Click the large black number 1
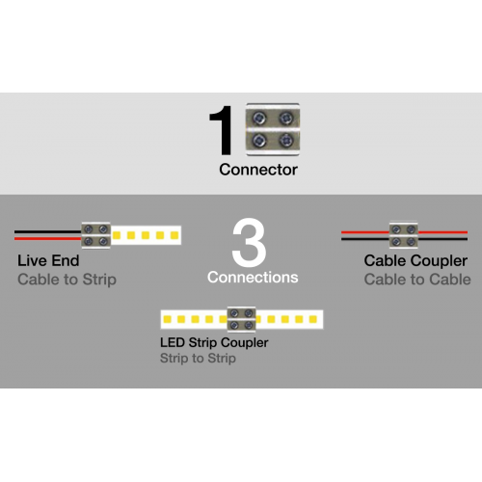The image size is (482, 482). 222,130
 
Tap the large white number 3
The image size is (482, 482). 249,243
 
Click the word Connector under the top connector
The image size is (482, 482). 258,170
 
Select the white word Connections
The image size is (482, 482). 253,278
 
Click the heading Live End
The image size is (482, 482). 48,260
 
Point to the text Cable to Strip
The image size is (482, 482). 67,280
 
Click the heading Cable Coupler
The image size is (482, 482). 415,261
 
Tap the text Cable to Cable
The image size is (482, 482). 417,280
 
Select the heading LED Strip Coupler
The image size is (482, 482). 214,343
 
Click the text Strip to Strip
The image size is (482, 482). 198,359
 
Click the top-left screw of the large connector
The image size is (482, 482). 259,119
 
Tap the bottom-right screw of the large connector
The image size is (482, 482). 285,140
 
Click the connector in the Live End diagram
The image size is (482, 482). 95,235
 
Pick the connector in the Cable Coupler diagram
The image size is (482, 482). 404,234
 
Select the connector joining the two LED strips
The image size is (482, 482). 241,319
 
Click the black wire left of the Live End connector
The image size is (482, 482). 48,231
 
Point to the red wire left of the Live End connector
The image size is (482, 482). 48,239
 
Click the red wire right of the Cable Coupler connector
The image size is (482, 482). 442,232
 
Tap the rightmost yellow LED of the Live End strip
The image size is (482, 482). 174,235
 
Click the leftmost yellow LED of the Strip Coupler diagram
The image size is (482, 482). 167,319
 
